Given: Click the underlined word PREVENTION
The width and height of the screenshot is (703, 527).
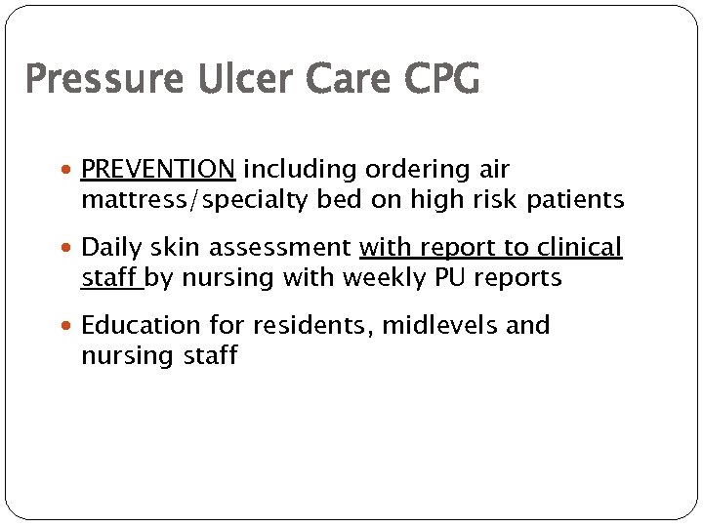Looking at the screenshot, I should (158, 170).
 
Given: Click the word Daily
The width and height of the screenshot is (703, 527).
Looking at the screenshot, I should (111, 248).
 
